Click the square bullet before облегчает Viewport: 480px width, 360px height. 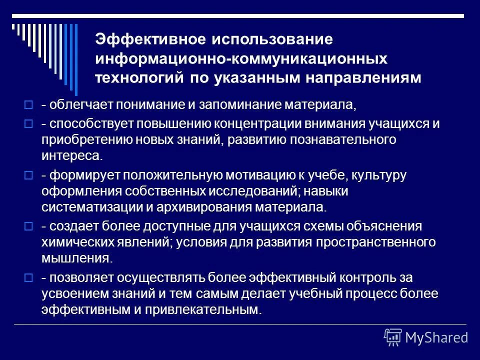28,105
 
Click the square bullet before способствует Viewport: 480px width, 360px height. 28,124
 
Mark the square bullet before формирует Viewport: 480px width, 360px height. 28,175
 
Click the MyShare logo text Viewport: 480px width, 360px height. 436,337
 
